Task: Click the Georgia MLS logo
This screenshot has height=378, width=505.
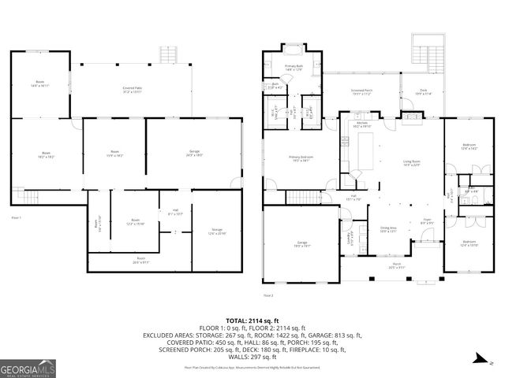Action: coord(28,367)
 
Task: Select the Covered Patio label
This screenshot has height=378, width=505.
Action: coord(132,91)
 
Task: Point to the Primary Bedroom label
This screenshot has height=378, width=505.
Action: coord(301,159)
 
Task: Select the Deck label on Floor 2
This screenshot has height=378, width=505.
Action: coord(423,92)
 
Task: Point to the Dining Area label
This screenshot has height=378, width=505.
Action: coord(388,229)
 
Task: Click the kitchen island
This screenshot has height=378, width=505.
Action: coord(366,150)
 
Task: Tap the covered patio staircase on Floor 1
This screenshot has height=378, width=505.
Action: coord(167,55)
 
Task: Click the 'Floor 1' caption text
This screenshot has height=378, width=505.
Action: coord(17,217)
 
